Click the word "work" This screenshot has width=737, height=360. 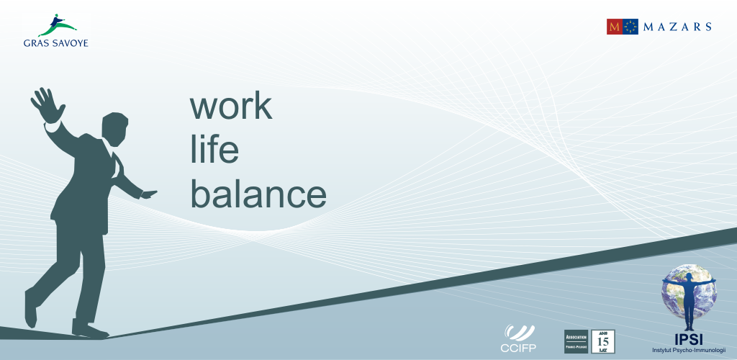[x=231, y=106]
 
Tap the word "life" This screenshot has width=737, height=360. [x=214, y=150]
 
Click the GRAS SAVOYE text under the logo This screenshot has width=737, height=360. [x=55, y=42]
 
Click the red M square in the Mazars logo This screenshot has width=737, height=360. [x=614, y=27]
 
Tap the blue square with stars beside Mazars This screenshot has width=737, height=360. [x=630, y=27]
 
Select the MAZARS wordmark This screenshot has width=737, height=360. [x=677, y=27]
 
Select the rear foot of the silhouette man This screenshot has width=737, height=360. [x=31, y=307]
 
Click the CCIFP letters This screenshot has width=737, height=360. [x=518, y=348]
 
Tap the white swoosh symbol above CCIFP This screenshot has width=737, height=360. [x=518, y=333]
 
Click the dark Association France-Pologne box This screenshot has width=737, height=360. [x=576, y=341]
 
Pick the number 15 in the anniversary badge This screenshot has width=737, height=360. [x=603, y=341]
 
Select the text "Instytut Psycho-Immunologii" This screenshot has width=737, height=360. [x=689, y=349]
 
